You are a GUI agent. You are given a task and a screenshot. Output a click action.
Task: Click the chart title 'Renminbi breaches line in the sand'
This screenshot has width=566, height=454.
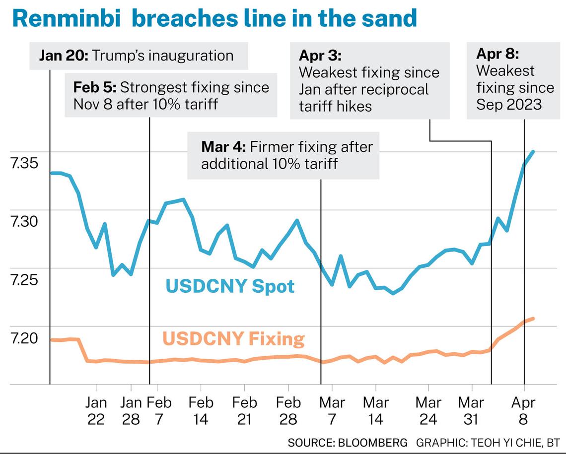[x=214, y=19]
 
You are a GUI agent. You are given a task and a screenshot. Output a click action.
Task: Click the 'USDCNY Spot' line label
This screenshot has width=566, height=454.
[x=230, y=286]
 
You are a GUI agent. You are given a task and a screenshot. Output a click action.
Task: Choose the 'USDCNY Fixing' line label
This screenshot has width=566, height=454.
[x=233, y=339]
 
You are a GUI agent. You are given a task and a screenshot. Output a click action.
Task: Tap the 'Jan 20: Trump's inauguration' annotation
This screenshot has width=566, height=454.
[x=137, y=56]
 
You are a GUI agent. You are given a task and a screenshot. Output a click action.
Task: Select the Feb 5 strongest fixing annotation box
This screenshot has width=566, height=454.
[x=171, y=96]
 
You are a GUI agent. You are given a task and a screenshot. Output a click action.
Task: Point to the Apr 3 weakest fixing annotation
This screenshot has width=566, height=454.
[x=369, y=81]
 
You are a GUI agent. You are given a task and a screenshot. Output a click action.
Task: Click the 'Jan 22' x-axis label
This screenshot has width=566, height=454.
[x=96, y=410]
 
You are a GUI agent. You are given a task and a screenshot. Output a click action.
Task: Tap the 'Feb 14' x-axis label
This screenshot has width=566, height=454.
[x=201, y=410]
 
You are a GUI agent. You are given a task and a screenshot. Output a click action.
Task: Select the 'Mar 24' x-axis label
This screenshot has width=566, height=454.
[x=428, y=410]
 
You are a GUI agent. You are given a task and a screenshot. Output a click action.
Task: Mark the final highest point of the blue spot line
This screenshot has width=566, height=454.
[x=533, y=151]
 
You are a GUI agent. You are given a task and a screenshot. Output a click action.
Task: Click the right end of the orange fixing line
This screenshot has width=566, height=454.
[x=533, y=319]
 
